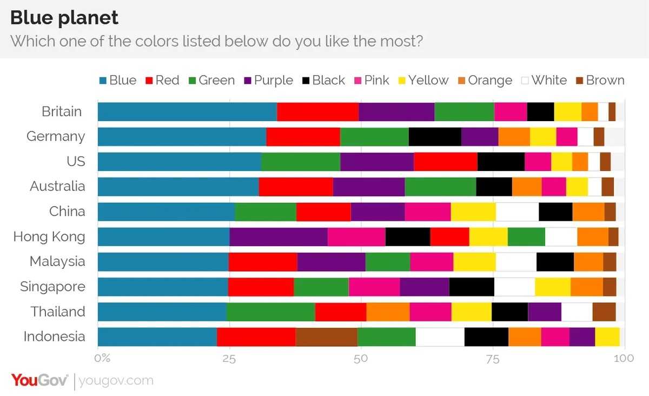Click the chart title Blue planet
(64, 18)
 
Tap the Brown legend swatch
(579, 81)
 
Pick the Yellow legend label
(428, 81)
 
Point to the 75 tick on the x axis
(492, 358)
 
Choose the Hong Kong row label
(49, 236)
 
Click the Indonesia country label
(54, 336)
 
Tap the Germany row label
(56, 136)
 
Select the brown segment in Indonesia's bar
(327, 336)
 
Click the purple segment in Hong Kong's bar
(279, 236)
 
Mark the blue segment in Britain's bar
(187, 111)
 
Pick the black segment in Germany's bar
(435, 136)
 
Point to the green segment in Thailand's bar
(270, 312)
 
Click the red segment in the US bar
(446, 161)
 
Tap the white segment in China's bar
(517, 212)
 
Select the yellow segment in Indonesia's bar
(607, 336)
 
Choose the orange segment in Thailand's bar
(388, 312)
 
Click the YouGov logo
(39, 380)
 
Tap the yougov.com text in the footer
(116, 380)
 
